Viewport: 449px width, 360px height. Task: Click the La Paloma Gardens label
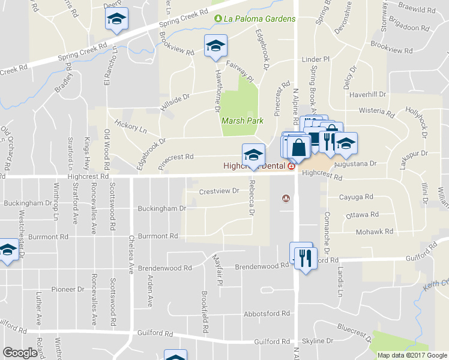(259, 19)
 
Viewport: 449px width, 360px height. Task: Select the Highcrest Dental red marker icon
(291, 166)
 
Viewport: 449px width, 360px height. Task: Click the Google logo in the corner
(20, 353)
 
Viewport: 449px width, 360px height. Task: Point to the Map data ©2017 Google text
(411, 355)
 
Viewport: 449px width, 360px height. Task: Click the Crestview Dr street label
(219, 191)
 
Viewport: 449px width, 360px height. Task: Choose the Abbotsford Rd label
(267, 314)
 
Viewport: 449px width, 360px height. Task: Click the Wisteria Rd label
(376, 111)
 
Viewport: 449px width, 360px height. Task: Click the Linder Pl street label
(316, 60)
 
